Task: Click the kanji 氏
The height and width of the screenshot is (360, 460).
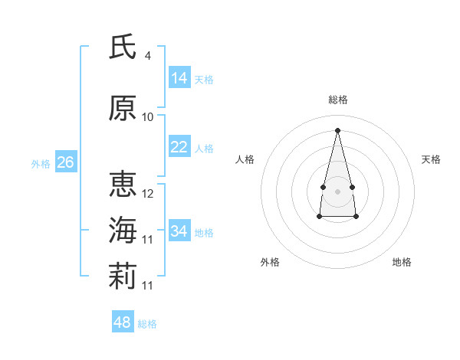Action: point(123,46)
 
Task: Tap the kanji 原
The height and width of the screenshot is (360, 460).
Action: point(123,108)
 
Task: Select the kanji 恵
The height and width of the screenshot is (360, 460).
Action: point(123,184)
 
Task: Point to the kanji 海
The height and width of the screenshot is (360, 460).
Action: point(123,230)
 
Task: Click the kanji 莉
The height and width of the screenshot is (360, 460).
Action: point(123,276)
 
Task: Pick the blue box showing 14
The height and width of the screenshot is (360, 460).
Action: point(179,77)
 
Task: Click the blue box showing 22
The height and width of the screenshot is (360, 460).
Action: point(179,146)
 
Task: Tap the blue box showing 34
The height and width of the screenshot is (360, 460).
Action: point(179,230)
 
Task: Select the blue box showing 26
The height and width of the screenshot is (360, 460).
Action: point(66,162)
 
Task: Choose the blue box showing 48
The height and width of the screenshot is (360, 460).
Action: point(123,321)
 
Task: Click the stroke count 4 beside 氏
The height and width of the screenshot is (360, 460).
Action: point(147,56)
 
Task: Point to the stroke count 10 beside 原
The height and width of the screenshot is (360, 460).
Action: point(147,117)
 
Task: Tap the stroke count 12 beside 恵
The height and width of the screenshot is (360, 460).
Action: point(147,194)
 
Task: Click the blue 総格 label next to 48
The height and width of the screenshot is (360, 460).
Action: point(147,324)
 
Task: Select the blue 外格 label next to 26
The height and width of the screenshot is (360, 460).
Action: point(41,164)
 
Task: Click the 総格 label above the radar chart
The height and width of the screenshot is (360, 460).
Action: point(338,100)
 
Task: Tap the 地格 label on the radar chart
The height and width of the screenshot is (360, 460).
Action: point(402,262)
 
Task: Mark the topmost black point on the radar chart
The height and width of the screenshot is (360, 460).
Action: point(337,130)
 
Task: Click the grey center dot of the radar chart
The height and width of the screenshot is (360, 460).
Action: point(337,191)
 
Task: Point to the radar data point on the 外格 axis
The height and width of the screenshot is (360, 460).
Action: point(320,216)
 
